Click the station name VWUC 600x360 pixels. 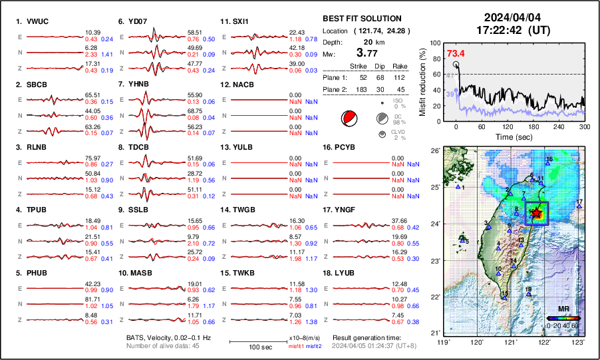coord(39,21)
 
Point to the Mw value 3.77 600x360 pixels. coord(369,53)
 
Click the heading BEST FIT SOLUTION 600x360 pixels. coord(362,19)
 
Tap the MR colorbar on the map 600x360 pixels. coord(563,318)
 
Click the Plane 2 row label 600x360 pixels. coord(335,90)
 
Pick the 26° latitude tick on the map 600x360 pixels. coord(434,151)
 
